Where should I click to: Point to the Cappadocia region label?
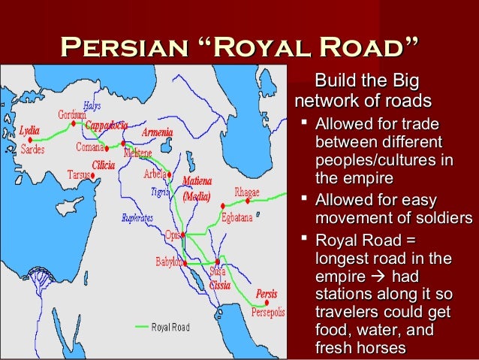click(106, 126)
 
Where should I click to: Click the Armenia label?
click(157, 132)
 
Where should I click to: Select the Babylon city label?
click(166, 262)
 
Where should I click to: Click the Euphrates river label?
click(138, 218)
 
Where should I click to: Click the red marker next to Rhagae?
click(223, 205)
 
